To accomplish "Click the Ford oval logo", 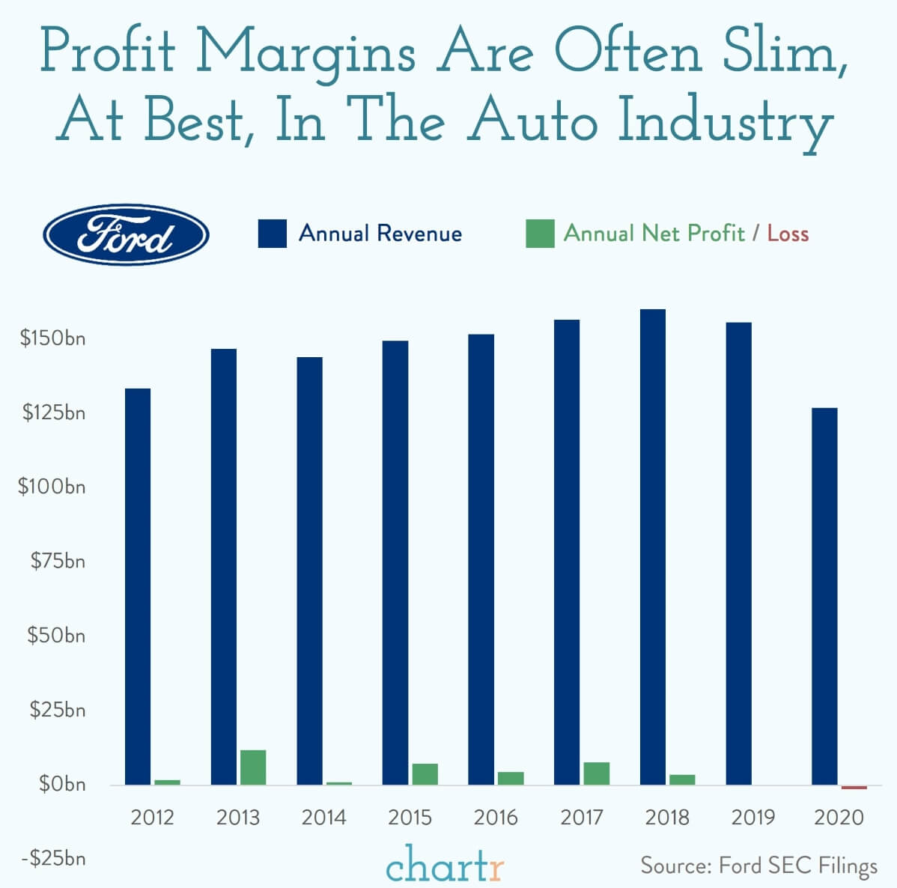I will click(126, 234).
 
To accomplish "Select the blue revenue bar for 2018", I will click(653, 547).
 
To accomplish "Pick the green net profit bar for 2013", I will click(253, 767).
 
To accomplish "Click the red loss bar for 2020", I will click(854, 787).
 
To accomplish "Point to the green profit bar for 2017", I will click(597, 773).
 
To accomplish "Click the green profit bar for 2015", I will click(425, 774).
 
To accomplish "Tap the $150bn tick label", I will click(53, 338).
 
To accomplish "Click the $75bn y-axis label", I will click(58, 561).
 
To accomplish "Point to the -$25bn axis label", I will click(53, 858).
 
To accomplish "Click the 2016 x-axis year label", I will click(496, 817).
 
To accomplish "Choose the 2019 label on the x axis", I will click(753, 817).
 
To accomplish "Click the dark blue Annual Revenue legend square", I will click(272, 234).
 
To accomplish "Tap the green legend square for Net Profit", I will click(540, 234).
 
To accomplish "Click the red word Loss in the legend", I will click(788, 234).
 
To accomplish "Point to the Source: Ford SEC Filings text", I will click(758, 866).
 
